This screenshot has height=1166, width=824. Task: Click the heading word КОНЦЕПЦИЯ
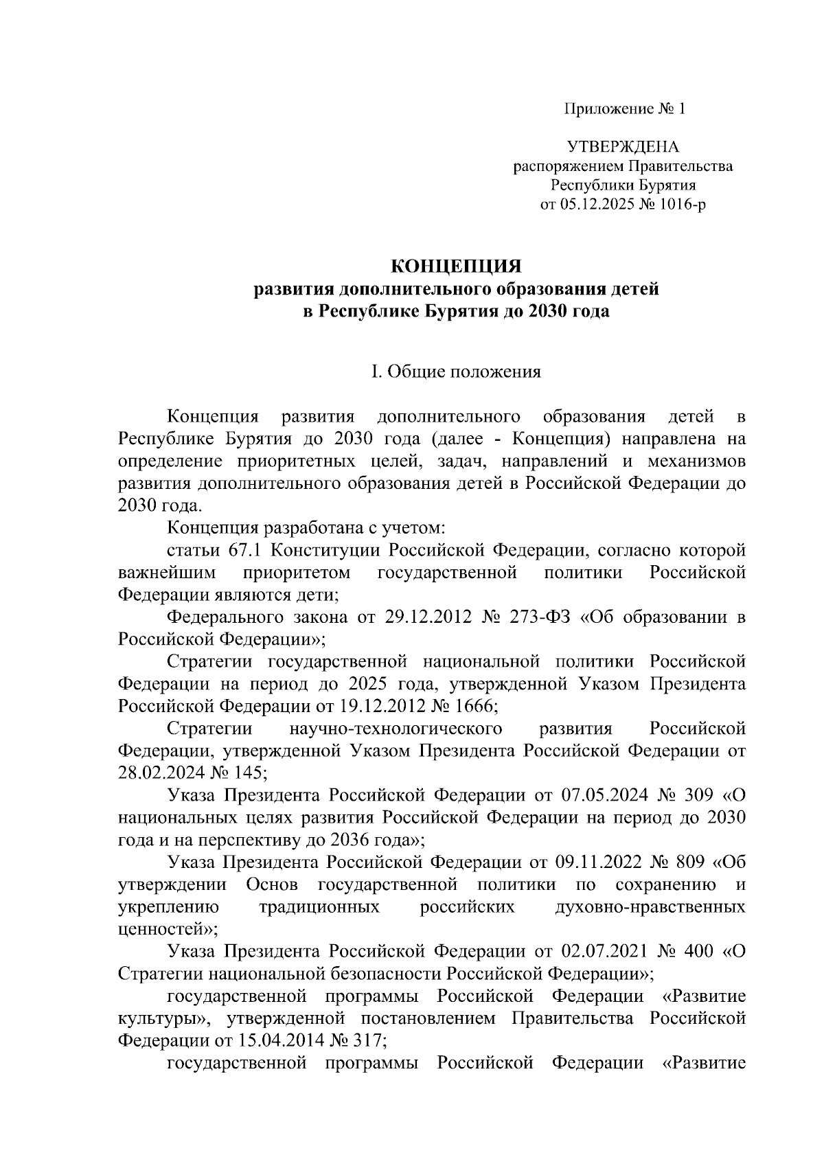tap(457, 266)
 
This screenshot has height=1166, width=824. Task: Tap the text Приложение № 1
tap(624, 109)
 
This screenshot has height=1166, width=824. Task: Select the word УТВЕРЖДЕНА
tap(623, 147)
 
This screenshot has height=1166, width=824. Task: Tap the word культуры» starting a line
tap(162, 1018)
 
